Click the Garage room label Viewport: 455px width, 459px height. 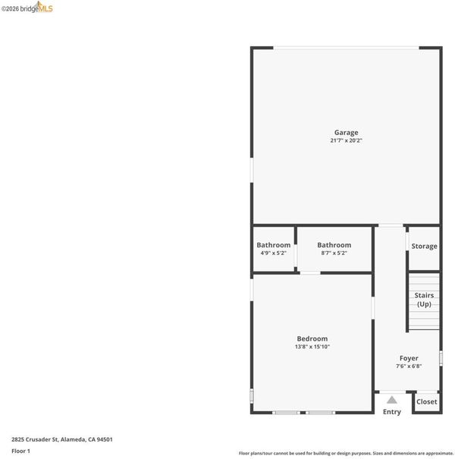(346, 133)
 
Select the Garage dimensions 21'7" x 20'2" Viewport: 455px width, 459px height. (346, 140)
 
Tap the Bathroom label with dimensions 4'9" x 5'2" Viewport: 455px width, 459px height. (274, 245)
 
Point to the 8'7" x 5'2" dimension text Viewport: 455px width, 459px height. (334, 253)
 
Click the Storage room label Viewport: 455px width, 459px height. (424, 246)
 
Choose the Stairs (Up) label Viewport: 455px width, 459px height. (424, 300)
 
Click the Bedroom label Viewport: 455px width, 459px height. (312, 338)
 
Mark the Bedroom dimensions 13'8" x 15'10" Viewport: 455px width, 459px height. (312, 347)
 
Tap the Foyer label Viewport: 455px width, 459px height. (409, 358)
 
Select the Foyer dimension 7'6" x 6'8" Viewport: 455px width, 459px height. (409, 366)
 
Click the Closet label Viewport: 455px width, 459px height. (427, 402)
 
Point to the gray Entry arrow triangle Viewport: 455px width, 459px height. (392, 400)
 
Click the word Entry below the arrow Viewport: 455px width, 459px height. (392, 412)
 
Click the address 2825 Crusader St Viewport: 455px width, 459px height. (35, 439)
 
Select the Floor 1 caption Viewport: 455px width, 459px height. (20, 451)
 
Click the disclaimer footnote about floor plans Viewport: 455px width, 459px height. (346, 454)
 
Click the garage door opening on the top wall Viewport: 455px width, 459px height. (346, 48)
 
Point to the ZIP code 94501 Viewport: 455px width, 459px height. (105, 439)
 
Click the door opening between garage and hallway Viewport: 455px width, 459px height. (391, 225)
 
